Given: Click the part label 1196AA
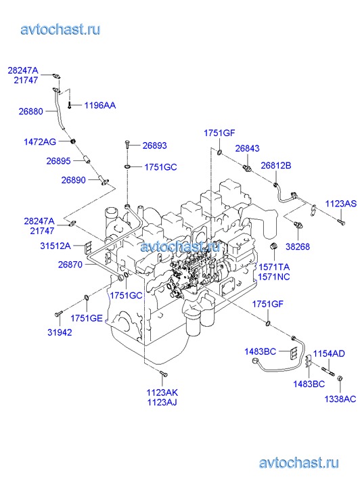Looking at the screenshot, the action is [x=99, y=106].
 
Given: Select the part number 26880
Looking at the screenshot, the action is [x=30, y=112].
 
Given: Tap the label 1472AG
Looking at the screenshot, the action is [x=40, y=142].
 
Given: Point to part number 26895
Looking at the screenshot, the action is [x=58, y=161].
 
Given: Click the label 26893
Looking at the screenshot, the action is [x=155, y=146].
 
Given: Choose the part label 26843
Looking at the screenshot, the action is [x=247, y=148].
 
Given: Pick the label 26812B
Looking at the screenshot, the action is [x=276, y=165].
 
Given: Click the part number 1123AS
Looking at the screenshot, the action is [x=341, y=204].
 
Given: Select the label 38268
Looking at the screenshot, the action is [x=298, y=246].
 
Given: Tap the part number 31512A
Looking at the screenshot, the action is [x=55, y=246].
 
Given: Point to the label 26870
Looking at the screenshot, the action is [x=70, y=265].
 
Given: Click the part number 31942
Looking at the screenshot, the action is [x=60, y=332].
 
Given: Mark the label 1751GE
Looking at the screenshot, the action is [x=87, y=319].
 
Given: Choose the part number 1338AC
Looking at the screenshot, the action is [x=340, y=399].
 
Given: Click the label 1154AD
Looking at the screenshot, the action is [x=329, y=354].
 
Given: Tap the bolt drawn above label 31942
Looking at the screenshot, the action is [x=59, y=313].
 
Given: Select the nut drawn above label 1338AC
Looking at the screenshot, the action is [x=340, y=378].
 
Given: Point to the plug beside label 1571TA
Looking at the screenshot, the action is [x=274, y=246].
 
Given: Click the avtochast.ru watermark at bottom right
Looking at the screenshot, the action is [x=299, y=463].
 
